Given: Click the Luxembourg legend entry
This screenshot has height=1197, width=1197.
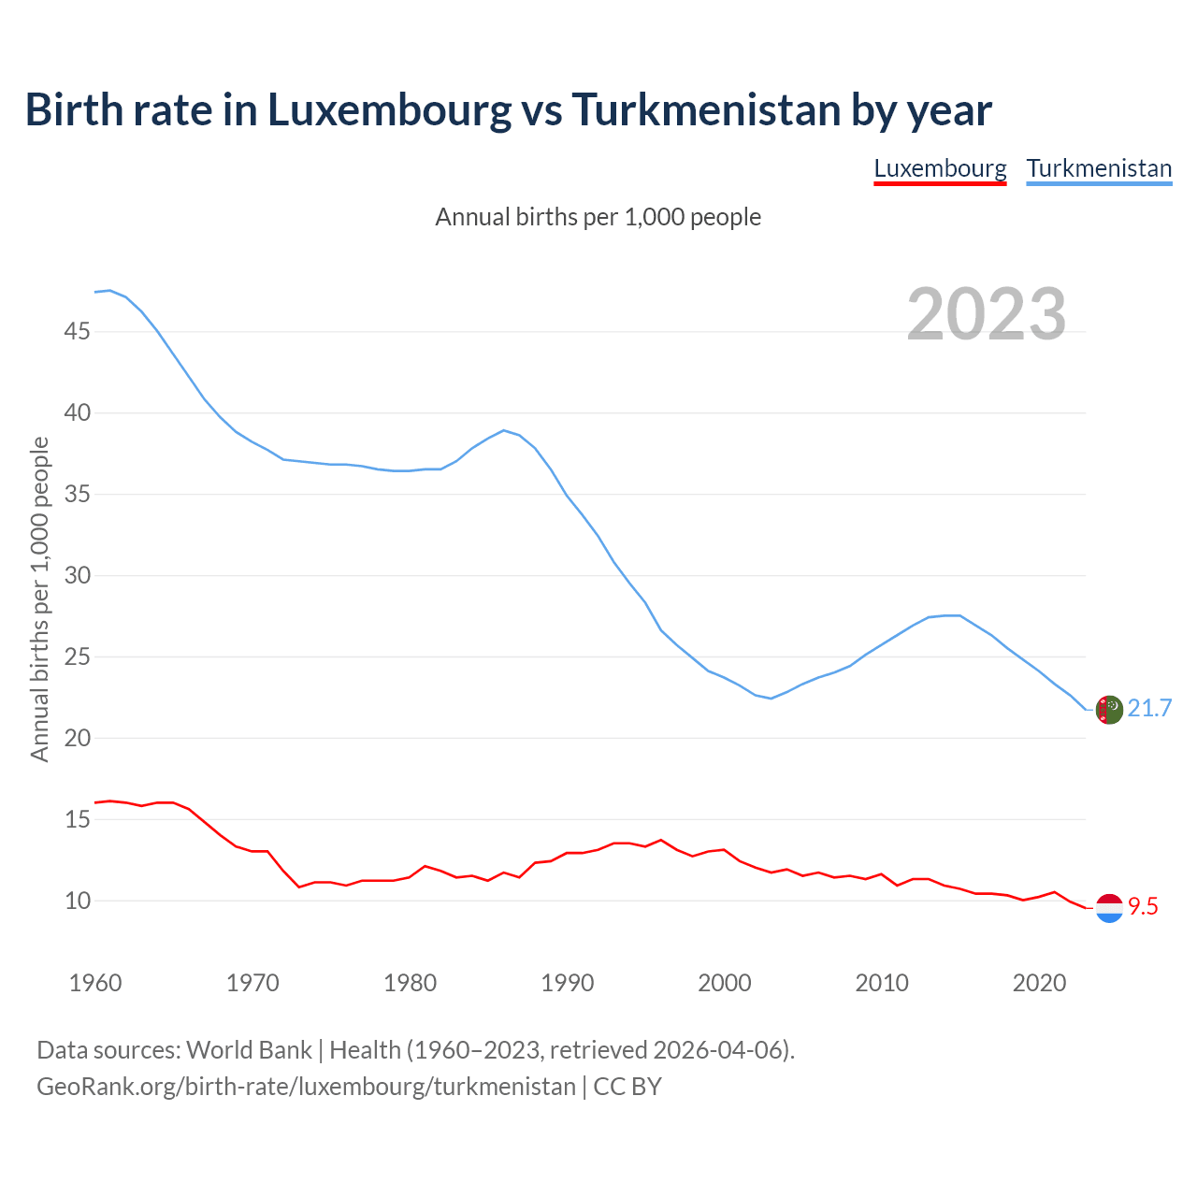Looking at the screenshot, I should click(x=940, y=169).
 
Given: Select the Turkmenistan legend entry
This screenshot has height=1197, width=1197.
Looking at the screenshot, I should click(x=1099, y=169).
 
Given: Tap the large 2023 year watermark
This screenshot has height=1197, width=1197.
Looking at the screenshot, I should click(x=987, y=314).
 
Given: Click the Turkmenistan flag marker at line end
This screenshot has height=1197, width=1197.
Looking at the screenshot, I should click(x=1108, y=710).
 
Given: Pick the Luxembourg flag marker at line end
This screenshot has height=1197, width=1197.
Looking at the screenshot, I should click(x=1108, y=908).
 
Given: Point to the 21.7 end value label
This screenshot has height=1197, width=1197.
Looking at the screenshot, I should click(x=1149, y=709).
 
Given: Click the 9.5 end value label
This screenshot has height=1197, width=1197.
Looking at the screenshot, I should click(x=1143, y=907).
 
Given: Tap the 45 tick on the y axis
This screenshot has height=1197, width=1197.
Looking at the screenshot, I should click(x=78, y=332).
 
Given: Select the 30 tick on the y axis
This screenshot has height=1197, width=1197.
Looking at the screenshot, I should click(x=78, y=576).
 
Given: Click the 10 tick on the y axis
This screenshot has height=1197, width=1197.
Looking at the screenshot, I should click(x=78, y=901).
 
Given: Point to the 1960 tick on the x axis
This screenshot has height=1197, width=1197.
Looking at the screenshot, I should click(x=95, y=984).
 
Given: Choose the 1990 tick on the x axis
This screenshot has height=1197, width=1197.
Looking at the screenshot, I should click(x=568, y=984).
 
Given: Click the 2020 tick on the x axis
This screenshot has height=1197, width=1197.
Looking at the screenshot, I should click(x=1039, y=984).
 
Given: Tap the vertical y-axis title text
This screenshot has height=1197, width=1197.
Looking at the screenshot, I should click(x=40, y=598).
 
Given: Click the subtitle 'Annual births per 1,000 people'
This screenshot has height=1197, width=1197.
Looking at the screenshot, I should click(x=598, y=218).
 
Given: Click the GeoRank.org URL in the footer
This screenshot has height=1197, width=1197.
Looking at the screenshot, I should click(x=306, y=1087).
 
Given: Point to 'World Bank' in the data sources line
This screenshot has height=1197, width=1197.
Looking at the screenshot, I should click(x=249, y=1050).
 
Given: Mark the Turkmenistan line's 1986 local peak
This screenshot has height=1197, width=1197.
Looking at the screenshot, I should click(x=504, y=430).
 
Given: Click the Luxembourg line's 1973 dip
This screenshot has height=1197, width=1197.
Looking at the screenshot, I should click(x=299, y=887).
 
